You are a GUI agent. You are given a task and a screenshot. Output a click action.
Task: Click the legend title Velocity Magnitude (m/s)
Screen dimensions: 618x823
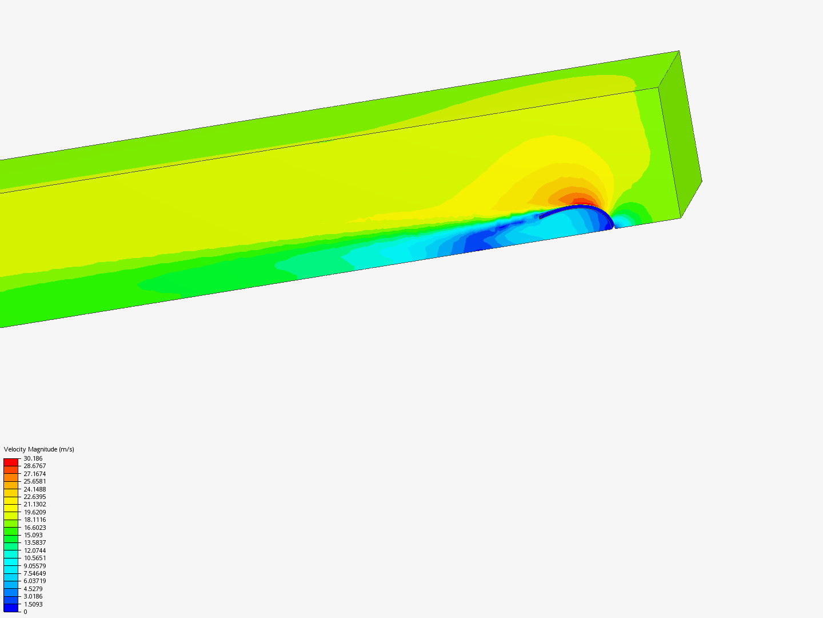[39, 449]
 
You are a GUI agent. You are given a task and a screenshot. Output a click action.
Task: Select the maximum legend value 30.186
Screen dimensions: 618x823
[33, 458]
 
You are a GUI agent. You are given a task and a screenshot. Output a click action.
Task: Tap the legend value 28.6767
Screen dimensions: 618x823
[34, 466]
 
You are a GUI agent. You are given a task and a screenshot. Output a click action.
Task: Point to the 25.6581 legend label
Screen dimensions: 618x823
[34, 481]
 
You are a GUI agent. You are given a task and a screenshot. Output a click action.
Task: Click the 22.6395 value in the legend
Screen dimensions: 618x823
[34, 497]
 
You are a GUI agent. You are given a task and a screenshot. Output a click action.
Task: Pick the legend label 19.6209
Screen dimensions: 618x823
[34, 512]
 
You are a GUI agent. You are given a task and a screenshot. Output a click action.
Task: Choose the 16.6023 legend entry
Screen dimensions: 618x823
[34, 528]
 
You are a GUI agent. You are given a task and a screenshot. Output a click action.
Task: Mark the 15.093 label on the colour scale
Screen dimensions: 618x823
[33, 535]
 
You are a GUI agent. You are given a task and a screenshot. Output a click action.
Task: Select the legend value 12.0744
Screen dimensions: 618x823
[34, 550]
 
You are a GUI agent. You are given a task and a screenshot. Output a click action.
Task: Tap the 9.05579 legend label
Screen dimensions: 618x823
[34, 566]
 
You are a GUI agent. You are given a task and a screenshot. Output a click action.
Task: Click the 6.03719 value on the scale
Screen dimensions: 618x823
[34, 581]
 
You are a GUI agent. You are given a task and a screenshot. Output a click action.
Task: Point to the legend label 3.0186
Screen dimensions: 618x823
[33, 596]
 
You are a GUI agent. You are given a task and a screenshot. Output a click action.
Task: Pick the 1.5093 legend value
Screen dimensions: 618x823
[33, 604]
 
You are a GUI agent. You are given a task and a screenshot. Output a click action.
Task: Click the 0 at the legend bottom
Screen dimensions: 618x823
[25, 612]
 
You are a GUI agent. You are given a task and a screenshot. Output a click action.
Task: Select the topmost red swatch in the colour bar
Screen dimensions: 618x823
[11, 462]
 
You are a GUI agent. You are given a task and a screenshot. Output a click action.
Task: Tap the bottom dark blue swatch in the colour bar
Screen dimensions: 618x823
[11, 608]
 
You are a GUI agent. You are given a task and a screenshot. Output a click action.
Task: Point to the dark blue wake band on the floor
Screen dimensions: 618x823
[486, 243]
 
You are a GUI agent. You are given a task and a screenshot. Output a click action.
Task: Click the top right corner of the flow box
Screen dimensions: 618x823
[679, 51]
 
